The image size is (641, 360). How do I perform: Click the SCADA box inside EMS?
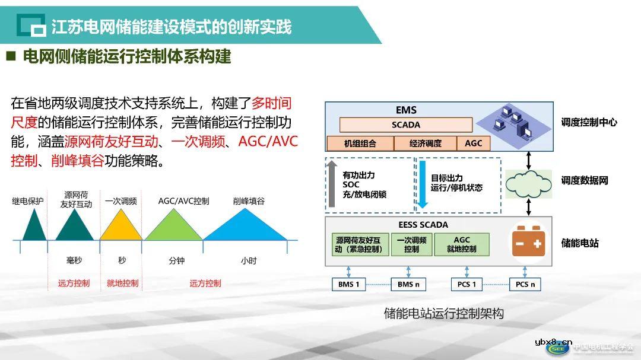(x=406, y=125)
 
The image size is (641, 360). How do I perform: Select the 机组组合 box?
(x=360, y=144)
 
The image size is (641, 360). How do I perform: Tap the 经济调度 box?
(x=426, y=144)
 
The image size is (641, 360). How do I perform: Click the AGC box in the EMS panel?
(x=474, y=144)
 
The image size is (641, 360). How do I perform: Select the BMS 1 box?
(x=349, y=284)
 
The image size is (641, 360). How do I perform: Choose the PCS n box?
(x=525, y=284)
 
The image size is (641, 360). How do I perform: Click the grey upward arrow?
(x=332, y=184)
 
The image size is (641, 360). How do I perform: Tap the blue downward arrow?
(x=422, y=184)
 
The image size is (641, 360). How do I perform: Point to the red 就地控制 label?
(x=122, y=283)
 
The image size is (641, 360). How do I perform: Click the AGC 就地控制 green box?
(x=462, y=244)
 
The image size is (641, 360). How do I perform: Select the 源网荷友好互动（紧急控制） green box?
(x=360, y=244)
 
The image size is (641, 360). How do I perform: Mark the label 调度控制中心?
(x=589, y=122)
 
